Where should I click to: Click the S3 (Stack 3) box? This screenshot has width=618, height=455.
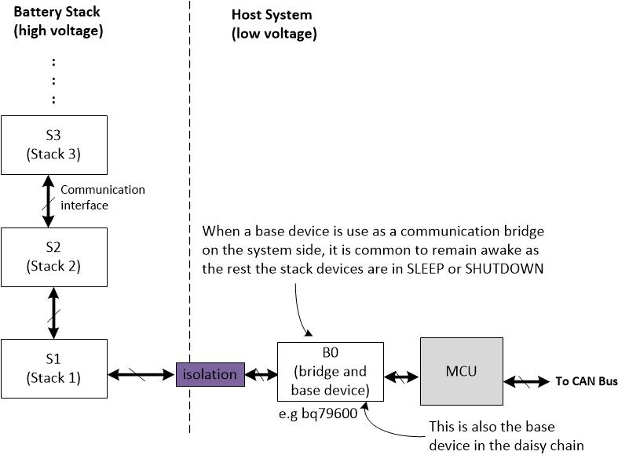(53, 144)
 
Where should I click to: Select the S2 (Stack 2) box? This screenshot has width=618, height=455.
(53, 257)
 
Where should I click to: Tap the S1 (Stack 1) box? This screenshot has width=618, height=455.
(53, 368)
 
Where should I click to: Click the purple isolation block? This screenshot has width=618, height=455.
(209, 374)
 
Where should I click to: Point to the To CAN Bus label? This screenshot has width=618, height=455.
(586, 382)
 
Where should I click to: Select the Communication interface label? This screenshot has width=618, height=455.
(102, 197)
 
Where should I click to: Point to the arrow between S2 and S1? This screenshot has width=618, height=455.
(53, 311)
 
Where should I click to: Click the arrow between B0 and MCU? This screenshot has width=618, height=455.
(401, 377)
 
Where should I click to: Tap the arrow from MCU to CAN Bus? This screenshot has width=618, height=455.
(527, 381)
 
